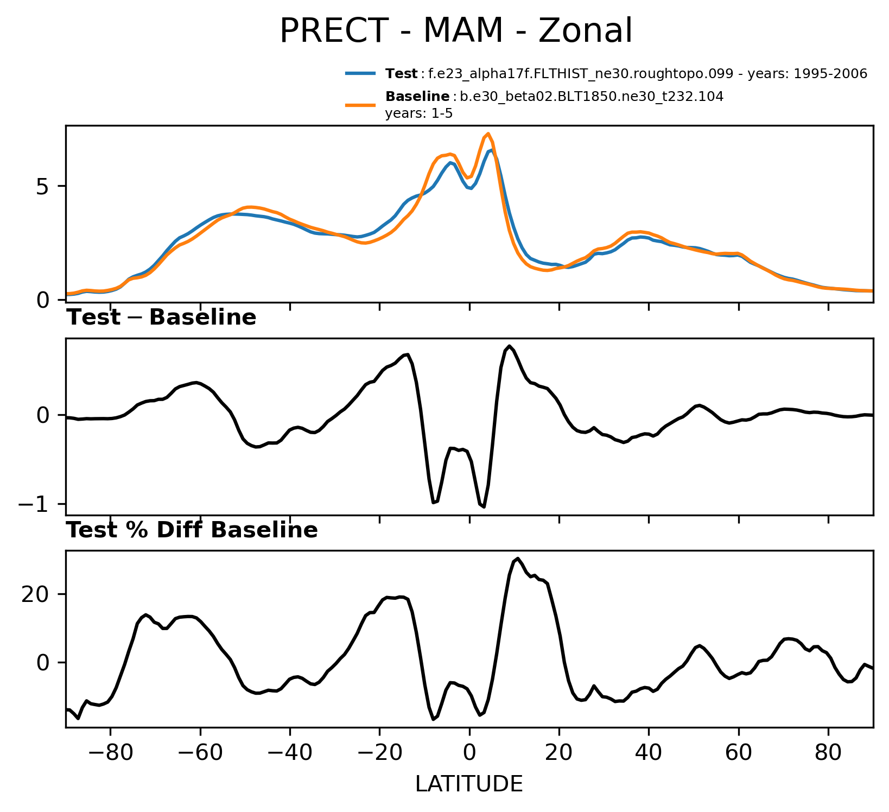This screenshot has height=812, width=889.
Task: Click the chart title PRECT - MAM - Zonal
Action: [x=455, y=31]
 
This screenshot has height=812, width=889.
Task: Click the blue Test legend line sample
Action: [x=360, y=73]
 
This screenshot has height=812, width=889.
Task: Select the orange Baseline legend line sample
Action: [x=360, y=104]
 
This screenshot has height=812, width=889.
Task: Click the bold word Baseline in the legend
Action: [x=417, y=97]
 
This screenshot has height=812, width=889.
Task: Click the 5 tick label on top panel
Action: [x=43, y=186]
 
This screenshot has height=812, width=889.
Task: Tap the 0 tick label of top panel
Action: [x=43, y=300]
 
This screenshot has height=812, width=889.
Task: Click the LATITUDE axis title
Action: [x=469, y=784]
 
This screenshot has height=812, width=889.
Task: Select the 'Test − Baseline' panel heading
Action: [x=161, y=318]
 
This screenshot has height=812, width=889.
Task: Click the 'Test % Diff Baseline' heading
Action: [x=192, y=530]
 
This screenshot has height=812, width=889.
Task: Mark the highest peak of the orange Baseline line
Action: [x=488, y=134]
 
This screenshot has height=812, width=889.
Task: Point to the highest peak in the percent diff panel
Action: [x=518, y=559]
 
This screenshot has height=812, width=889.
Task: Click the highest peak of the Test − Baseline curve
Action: [x=509, y=346]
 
